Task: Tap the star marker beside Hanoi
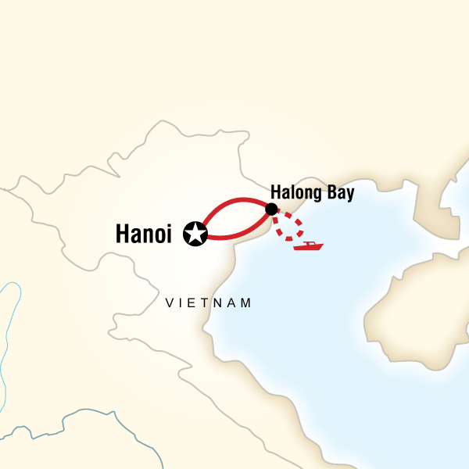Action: (x=194, y=233)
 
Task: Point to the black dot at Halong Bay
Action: (x=271, y=209)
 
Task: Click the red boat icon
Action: (x=308, y=246)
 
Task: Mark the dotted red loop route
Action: (x=293, y=227)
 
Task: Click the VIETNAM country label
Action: (x=209, y=303)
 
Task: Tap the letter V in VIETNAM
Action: (x=170, y=303)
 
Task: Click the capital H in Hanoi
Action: (x=122, y=233)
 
